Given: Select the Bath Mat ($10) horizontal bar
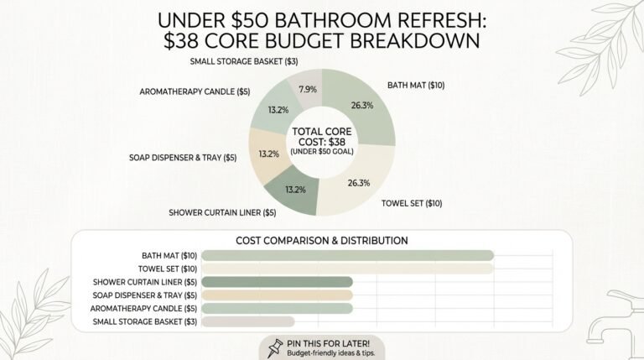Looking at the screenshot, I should [347, 255].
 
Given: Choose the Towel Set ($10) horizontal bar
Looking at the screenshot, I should [347, 269].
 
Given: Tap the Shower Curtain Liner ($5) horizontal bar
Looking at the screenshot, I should [277, 282].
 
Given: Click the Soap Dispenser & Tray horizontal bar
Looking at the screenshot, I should [277, 295].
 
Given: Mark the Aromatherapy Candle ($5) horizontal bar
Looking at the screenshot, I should [277, 309].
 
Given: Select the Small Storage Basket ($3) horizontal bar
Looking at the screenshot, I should [247, 321].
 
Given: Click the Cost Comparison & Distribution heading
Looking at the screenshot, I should [322, 240].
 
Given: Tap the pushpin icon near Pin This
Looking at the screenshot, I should [273, 347].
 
